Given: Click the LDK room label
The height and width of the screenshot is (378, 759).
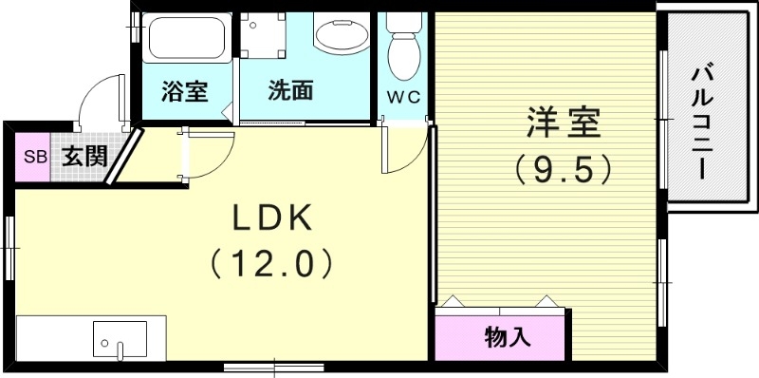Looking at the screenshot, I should pyautogui.click(x=272, y=219).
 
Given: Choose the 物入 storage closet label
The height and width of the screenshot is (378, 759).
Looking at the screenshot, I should pyautogui.click(x=507, y=335).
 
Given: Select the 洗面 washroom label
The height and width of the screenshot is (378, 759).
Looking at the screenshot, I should pyautogui.click(x=290, y=92).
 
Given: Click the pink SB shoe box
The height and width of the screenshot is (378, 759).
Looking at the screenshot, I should pyautogui.click(x=34, y=157).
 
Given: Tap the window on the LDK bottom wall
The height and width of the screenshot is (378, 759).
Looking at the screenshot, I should pyautogui.click(x=273, y=366).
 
